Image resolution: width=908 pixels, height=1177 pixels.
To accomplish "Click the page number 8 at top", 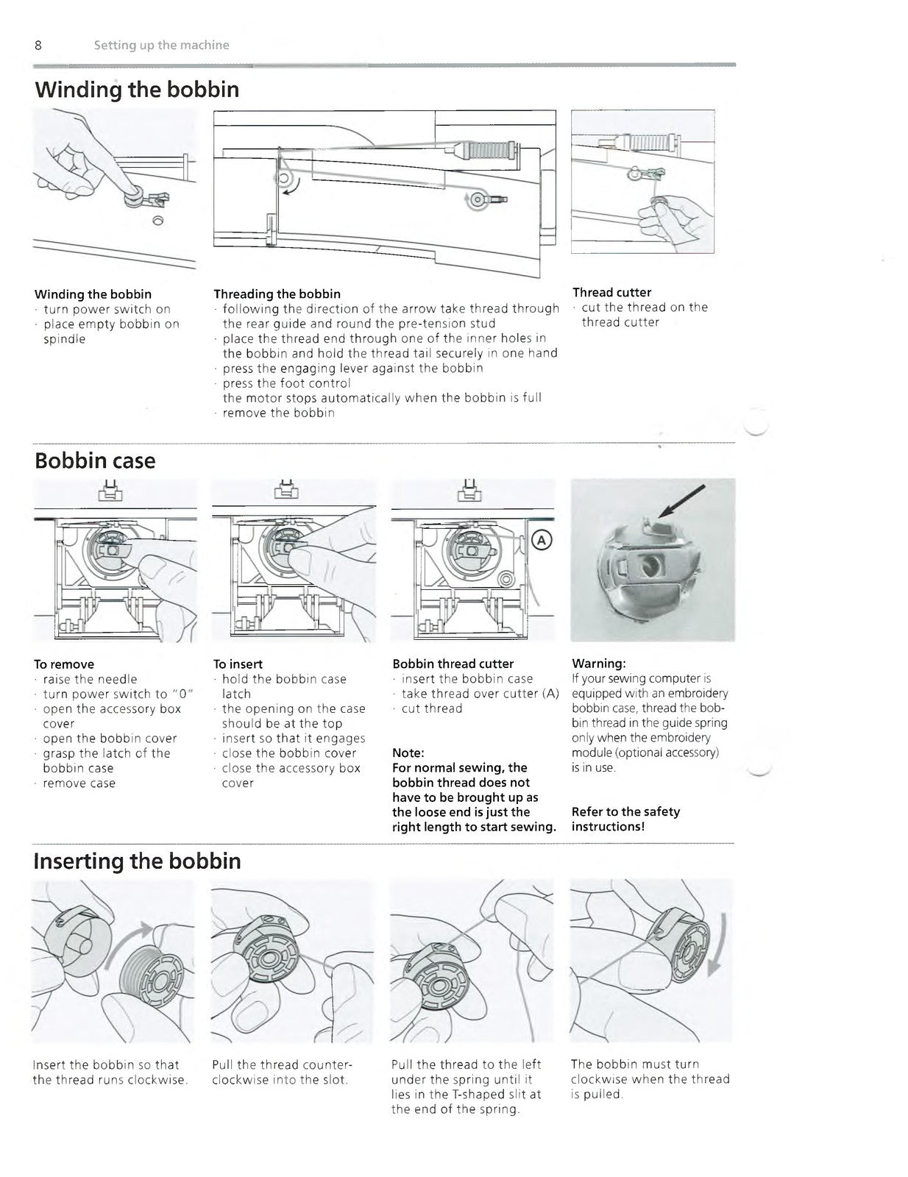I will point(38,46).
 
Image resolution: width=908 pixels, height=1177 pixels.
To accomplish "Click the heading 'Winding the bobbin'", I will point(137,90).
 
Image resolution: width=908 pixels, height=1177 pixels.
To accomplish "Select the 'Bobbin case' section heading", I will point(95,461).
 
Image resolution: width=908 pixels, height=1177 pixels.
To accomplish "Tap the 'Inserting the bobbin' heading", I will point(137,861).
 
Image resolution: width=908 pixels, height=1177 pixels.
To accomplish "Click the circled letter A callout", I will point(542,541).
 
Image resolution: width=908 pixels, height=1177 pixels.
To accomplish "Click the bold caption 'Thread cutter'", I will point(611,292).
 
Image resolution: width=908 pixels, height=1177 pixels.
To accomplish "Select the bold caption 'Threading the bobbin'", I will point(277,294).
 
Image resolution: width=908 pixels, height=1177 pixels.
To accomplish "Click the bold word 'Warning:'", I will point(598,664).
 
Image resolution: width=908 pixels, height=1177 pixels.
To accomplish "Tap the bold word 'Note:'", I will point(408,753).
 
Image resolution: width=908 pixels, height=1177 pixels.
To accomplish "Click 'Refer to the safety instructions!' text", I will point(625,819).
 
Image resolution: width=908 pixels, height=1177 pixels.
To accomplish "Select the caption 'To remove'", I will point(64,664).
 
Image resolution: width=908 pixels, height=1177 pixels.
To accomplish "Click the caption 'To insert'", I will point(238,664).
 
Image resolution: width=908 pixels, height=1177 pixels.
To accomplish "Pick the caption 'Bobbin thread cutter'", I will point(453,664).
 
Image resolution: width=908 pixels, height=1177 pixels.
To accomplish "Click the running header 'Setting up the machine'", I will point(161,46).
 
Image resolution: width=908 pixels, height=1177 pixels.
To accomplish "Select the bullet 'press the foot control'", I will point(286,383).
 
